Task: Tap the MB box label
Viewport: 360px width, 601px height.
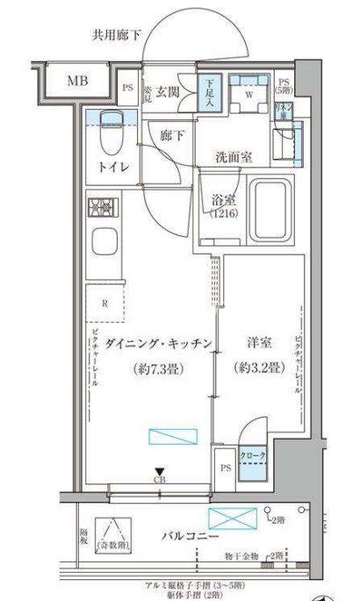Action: pyautogui.click(x=77, y=82)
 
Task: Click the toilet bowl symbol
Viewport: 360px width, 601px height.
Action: pyautogui.click(x=112, y=132)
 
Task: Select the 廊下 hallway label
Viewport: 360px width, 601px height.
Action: pyautogui.click(x=172, y=135)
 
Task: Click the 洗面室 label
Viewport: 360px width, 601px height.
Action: pyautogui.click(x=234, y=158)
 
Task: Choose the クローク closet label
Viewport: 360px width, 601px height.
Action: pyautogui.click(x=253, y=457)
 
